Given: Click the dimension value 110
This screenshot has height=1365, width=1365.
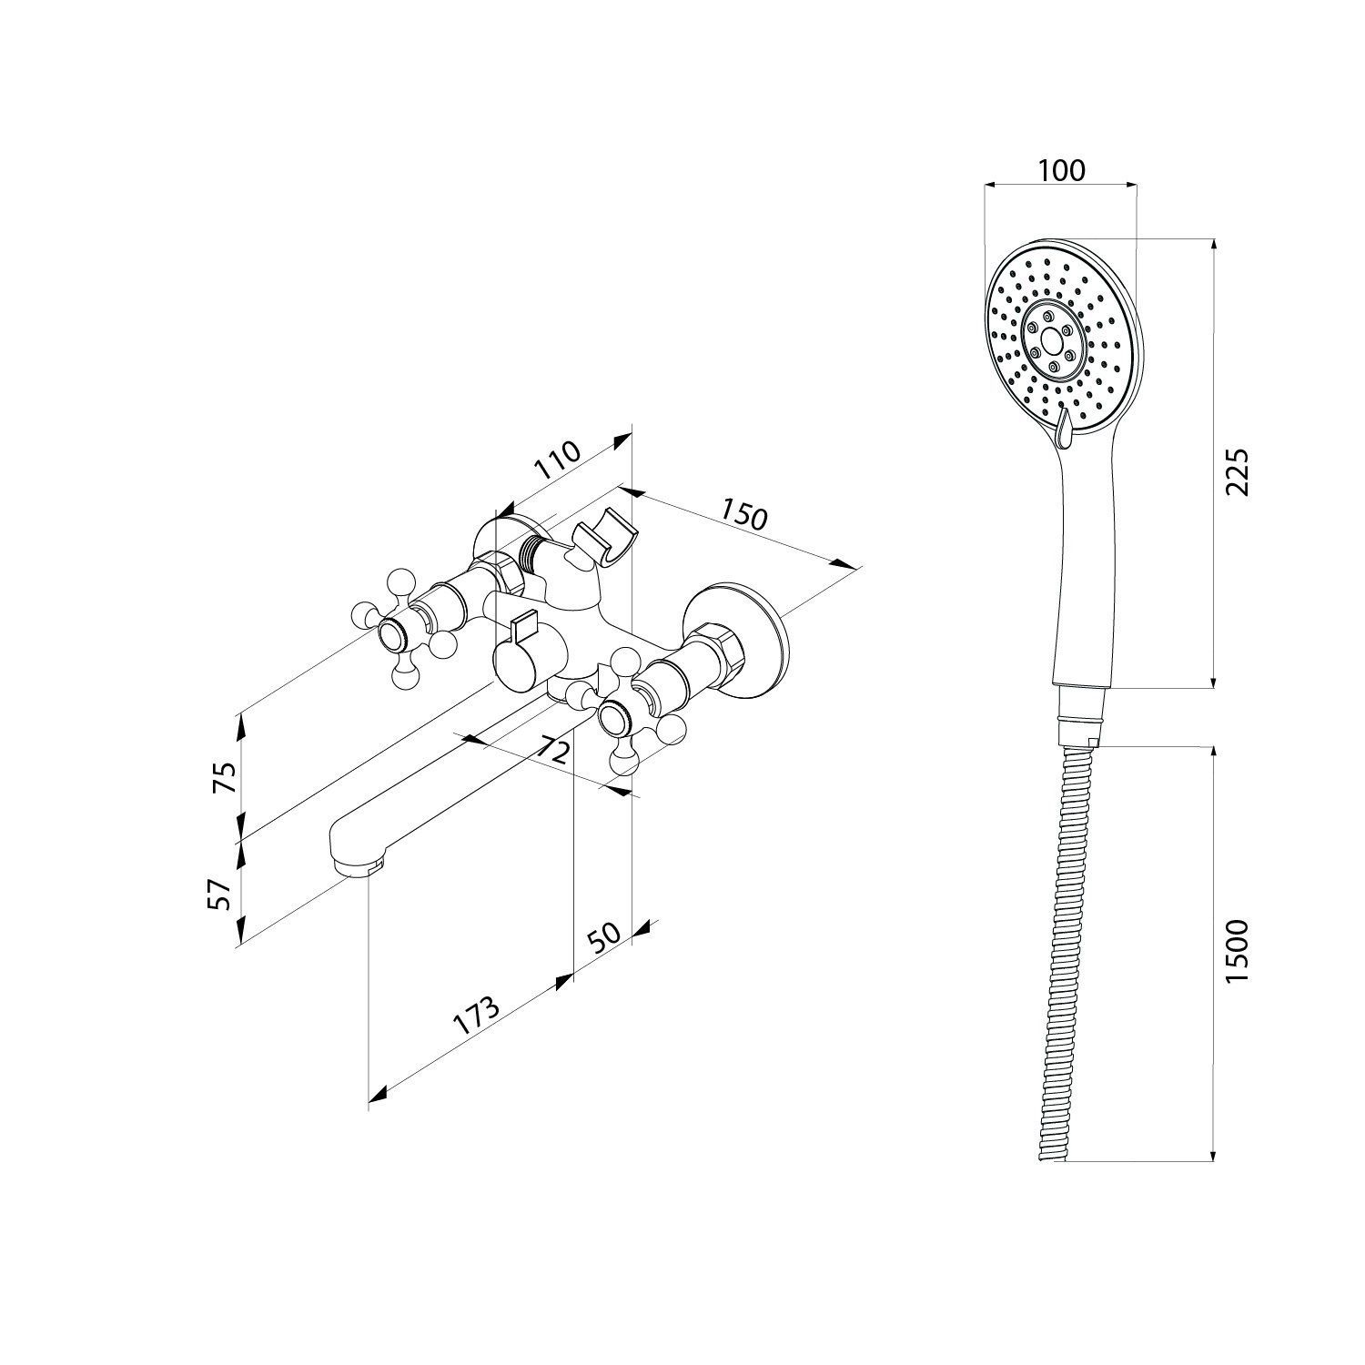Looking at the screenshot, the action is (x=557, y=461).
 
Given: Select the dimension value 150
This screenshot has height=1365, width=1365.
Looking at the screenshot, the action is (x=744, y=514).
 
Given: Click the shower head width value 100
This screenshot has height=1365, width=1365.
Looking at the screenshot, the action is (x=1061, y=170).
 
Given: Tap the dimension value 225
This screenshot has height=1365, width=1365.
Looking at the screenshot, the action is (x=1239, y=470).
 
